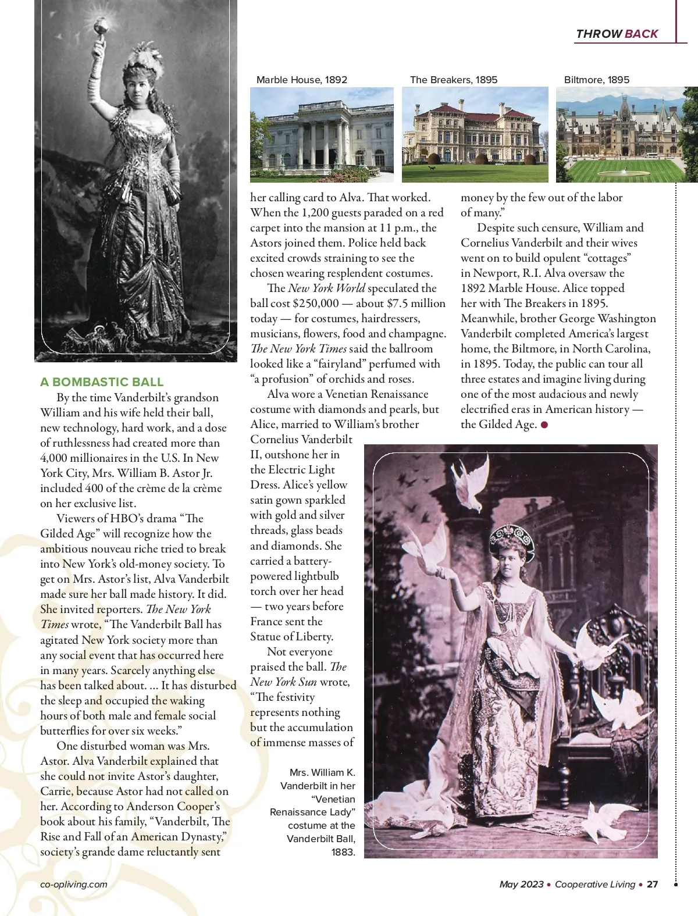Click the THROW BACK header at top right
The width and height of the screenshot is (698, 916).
[x=617, y=34]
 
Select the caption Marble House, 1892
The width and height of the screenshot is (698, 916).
[x=301, y=80]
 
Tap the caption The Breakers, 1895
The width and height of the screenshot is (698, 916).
[x=454, y=80]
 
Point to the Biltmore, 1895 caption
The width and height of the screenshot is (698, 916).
[x=596, y=80]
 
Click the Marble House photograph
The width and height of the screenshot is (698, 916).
[x=322, y=134]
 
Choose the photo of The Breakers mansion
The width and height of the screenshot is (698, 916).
[x=475, y=134]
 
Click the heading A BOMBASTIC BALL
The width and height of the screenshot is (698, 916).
[x=102, y=382]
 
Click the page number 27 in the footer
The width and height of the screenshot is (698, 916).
[x=652, y=884]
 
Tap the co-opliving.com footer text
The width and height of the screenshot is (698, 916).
[x=74, y=884]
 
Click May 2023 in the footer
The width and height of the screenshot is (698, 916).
[x=521, y=884]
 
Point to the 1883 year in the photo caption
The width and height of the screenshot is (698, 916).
[x=343, y=852]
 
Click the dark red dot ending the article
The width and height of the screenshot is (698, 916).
[x=544, y=425]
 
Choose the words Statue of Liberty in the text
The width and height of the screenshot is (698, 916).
[x=291, y=636]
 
